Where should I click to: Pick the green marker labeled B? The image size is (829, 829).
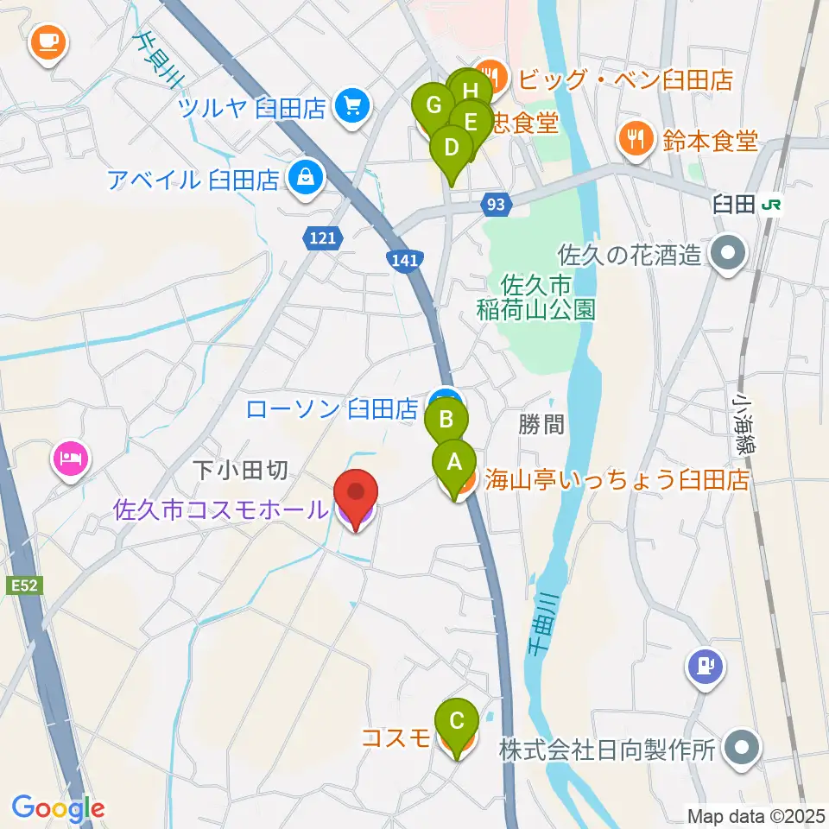click(x=446, y=421)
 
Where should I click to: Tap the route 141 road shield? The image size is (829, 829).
click(x=403, y=259)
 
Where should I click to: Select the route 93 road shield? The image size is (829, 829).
click(x=495, y=205)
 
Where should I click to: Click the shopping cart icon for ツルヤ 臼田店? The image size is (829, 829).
click(x=351, y=107)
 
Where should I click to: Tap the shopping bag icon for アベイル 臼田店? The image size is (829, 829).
click(x=305, y=179)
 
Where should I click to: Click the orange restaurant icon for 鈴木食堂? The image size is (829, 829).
click(x=636, y=139)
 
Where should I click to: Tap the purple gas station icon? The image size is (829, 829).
click(x=706, y=666)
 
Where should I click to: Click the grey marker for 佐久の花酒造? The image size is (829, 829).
click(x=727, y=255)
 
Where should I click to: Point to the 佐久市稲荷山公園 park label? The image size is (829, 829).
click(x=536, y=296)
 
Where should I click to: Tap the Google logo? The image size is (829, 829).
click(x=58, y=808)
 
